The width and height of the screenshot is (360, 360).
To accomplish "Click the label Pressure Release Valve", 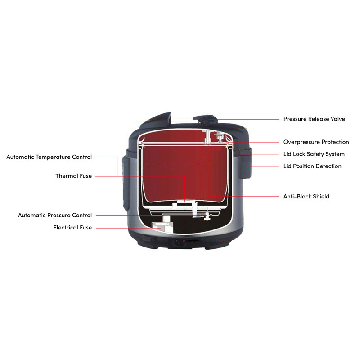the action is click(x=314, y=119).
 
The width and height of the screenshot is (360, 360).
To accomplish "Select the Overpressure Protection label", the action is click(x=316, y=142).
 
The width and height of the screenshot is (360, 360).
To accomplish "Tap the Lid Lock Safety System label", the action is click(x=314, y=154).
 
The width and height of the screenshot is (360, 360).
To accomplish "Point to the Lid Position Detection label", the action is click(x=312, y=166).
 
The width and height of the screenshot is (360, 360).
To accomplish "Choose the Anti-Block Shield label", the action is click(x=306, y=196).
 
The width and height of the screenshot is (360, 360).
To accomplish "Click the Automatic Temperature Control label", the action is click(x=49, y=157).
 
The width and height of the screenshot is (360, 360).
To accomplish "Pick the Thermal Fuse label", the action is click(x=73, y=176).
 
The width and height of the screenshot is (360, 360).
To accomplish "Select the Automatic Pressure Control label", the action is click(x=55, y=215).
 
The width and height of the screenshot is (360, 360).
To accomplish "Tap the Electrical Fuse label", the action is click(x=72, y=228).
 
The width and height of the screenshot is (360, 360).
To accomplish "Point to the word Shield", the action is click(x=320, y=196).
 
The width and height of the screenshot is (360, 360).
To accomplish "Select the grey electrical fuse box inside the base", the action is click(x=161, y=227).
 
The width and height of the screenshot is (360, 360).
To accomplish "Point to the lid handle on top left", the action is click(x=158, y=118).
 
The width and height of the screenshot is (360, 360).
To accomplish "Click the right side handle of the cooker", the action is click(x=246, y=163).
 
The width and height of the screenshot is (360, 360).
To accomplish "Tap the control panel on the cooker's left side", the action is click(x=126, y=183).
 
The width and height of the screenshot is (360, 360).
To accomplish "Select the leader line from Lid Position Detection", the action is click(x=265, y=166).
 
